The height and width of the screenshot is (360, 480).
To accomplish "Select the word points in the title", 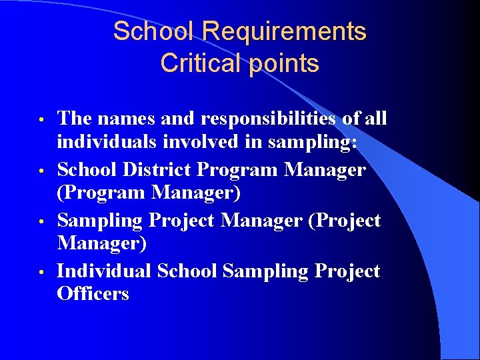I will coord(283,65).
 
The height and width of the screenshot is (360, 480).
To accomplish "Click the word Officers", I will coord(93,293).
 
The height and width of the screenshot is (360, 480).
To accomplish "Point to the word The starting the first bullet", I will coord(73,119).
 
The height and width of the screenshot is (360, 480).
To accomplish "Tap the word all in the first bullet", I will coord(375,119).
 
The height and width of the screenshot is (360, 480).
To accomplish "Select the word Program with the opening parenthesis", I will coord(99,193).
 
